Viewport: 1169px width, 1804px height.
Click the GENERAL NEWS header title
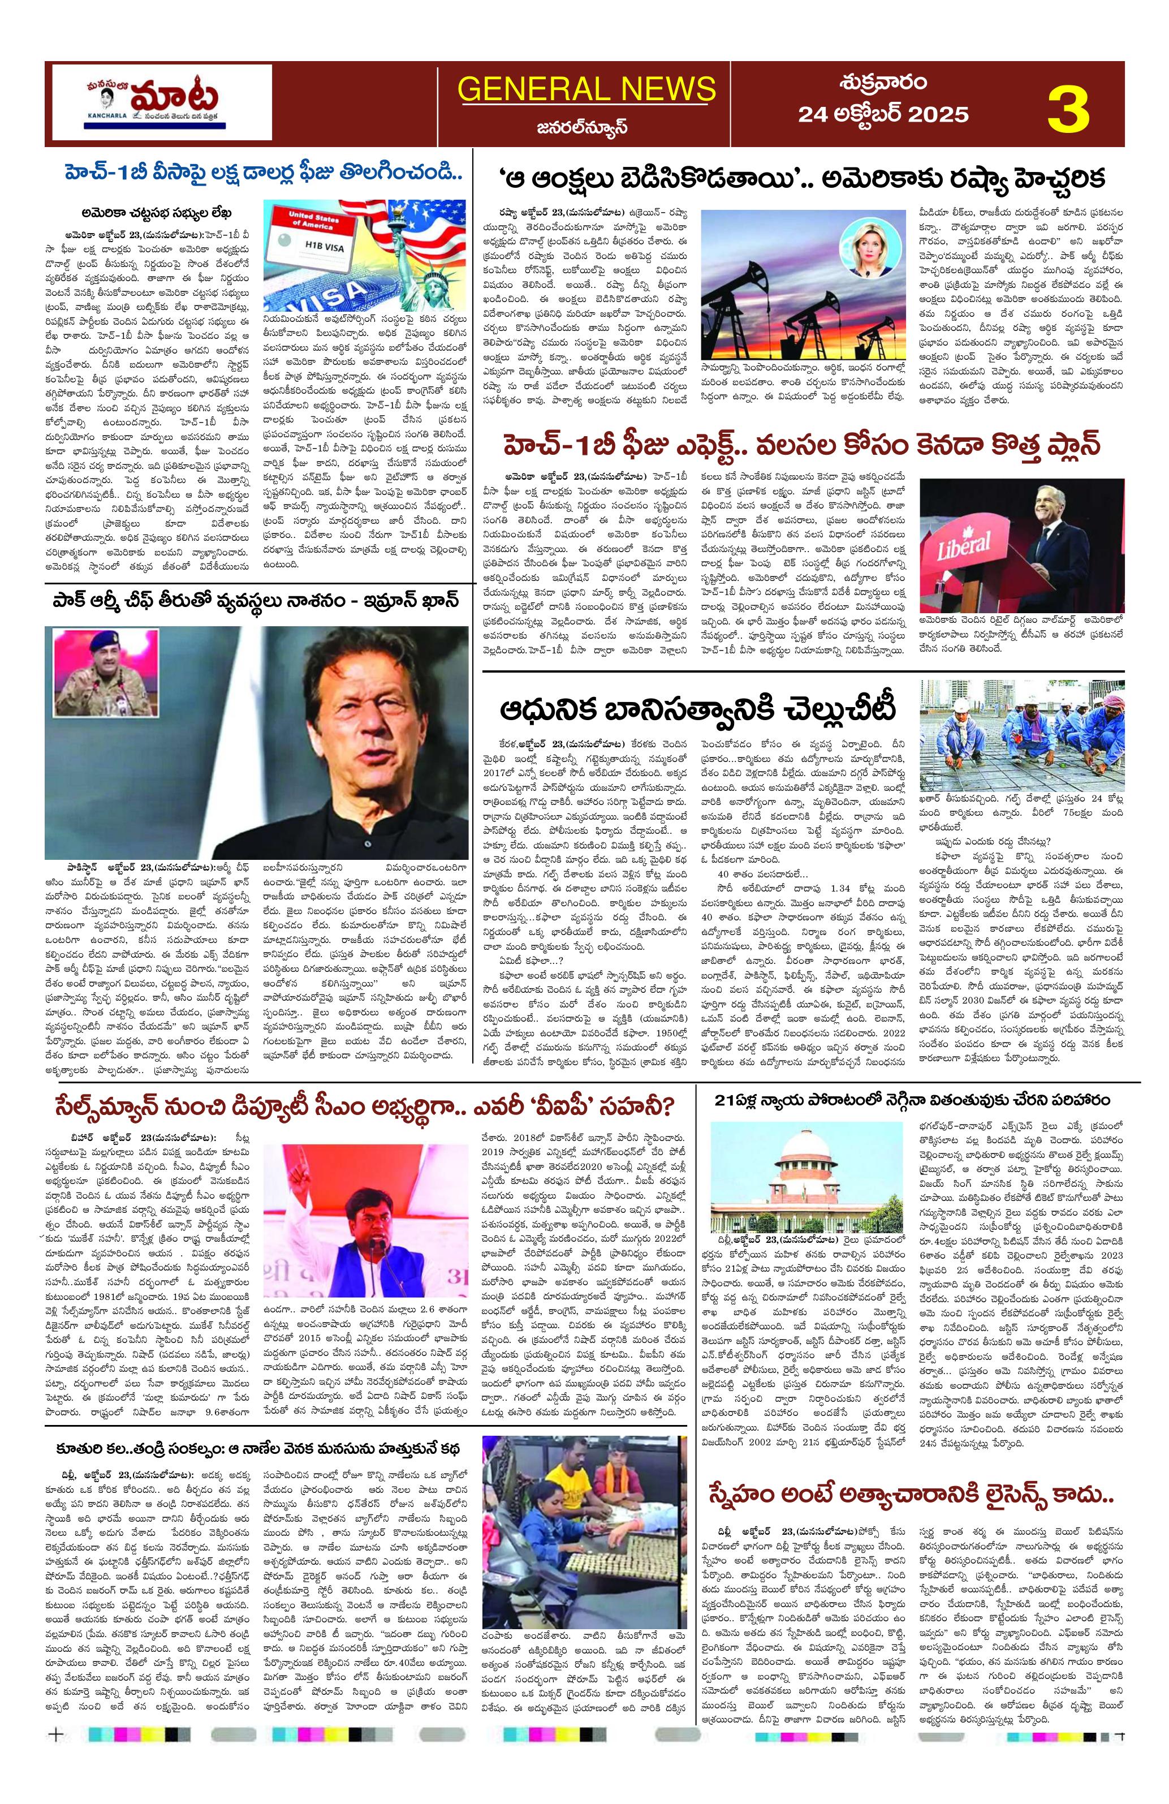586,89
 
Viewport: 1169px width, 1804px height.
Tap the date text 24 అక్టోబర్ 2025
883,114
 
